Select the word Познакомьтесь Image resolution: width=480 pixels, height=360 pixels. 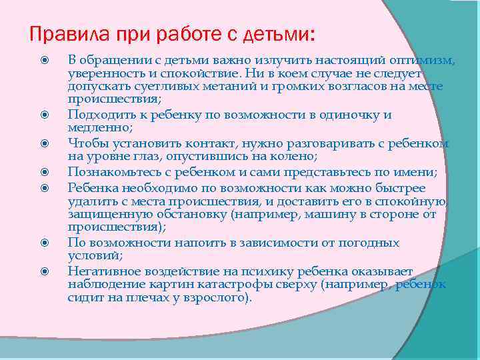coord(111,172)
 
